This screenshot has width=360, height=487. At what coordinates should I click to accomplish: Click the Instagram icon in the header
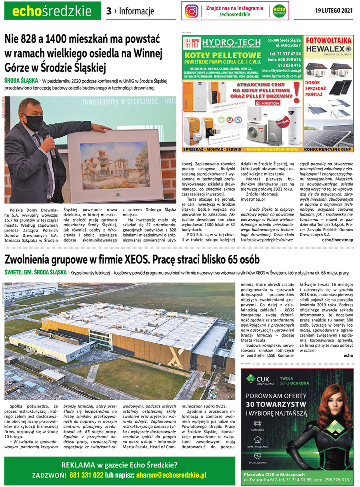click(x=192, y=11)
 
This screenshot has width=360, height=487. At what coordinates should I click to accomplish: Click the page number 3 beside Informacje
click(x=108, y=11)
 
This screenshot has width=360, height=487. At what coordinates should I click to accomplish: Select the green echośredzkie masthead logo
click(x=52, y=11)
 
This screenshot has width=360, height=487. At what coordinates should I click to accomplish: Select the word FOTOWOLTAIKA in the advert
click(x=328, y=40)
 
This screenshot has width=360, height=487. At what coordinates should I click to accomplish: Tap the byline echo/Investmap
click(x=338, y=240)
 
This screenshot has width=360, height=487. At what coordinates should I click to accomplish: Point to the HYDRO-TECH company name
click(x=227, y=42)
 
